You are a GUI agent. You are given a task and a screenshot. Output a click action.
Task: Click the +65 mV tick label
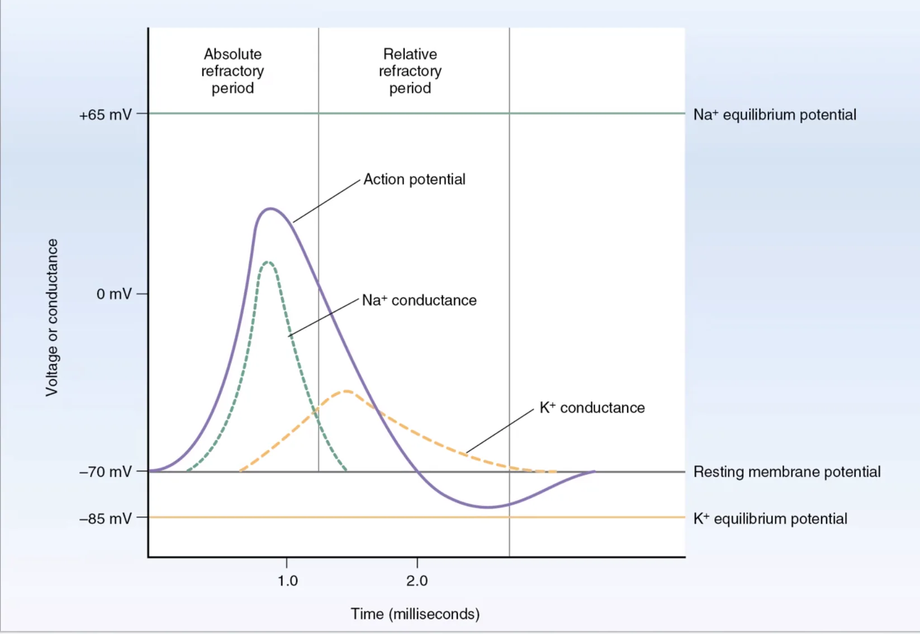[106, 115]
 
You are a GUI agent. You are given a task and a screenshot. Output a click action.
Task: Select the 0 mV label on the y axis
[114, 294]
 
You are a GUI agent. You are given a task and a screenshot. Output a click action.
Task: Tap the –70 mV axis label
[106, 472]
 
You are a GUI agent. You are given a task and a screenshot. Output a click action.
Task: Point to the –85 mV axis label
[106, 518]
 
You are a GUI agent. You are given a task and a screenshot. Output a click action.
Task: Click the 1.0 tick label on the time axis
[287, 581]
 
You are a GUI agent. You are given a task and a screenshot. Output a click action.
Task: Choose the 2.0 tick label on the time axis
[418, 581]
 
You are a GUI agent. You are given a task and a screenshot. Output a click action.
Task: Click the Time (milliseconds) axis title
[415, 614]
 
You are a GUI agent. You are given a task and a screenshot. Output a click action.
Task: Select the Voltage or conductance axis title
[52, 317]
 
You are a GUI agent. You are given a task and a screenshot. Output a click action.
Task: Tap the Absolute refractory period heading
[233, 71]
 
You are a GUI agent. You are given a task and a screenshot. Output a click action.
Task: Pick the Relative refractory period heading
[410, 71]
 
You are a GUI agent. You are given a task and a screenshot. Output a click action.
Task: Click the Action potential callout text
[414, 179]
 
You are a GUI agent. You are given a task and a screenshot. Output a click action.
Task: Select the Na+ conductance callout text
[419, 300]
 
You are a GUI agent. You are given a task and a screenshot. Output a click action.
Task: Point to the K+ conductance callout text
[592, 408]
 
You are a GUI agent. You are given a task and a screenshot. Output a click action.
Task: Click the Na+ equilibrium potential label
[775, 115]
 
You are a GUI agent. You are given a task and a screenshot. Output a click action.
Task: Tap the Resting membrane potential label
[787, 472]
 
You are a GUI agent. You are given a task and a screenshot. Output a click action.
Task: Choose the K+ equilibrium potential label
[771, 518]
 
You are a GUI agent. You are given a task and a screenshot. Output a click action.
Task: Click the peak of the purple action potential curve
[271, 209]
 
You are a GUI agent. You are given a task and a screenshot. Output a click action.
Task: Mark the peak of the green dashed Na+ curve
[268, 262]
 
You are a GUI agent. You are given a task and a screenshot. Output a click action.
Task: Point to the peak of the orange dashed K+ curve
[347, 391]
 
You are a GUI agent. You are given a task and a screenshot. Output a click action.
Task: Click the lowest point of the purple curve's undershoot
[488, 508]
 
